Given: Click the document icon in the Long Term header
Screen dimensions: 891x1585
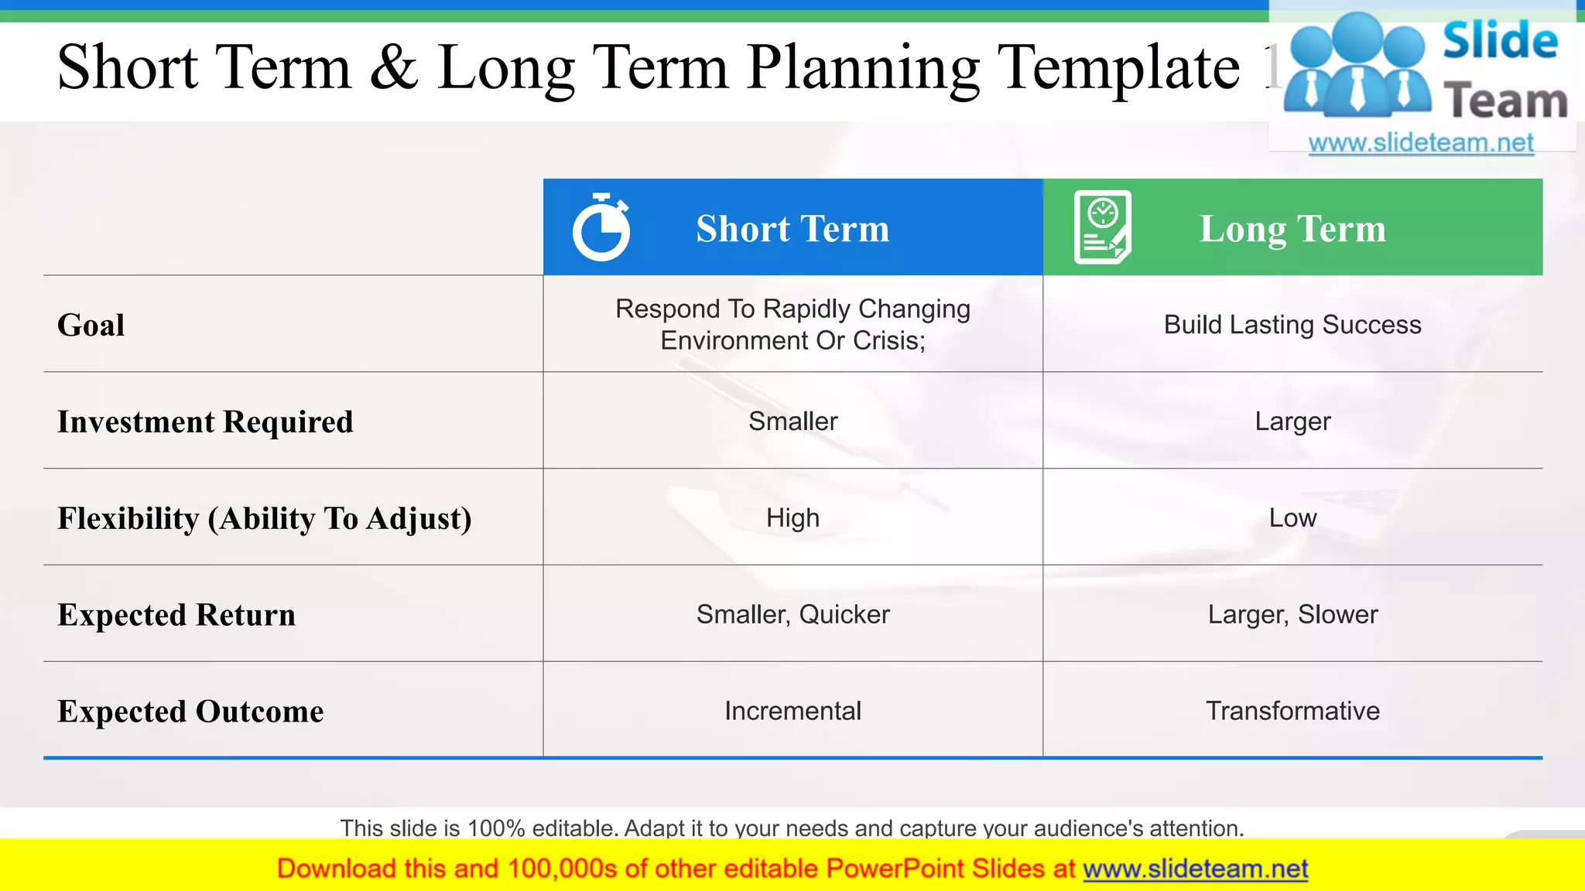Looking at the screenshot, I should click(1103, 227).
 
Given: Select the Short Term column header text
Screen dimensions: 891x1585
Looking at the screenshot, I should click(792, 229).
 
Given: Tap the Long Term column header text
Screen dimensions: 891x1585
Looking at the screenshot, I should click(1292, 229).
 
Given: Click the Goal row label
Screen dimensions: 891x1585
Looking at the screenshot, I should click(91, 325).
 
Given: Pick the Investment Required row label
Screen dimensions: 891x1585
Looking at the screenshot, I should click(205, 422).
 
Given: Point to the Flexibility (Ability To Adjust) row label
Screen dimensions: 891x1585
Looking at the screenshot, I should click(265, 518).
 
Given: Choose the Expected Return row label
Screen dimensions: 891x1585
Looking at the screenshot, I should click(176, 615).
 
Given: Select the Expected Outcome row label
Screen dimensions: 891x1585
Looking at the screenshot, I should click(190, 712).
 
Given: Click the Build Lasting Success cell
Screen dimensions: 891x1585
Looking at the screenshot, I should click(1292, 325).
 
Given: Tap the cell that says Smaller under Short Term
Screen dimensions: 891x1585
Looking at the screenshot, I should click(792, 422).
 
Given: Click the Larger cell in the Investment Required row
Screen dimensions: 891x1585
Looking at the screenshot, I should click(1292, 422).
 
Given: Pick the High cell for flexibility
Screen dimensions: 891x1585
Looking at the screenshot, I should click(792, 518).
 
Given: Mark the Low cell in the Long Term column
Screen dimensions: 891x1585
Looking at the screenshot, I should click(1292, 518).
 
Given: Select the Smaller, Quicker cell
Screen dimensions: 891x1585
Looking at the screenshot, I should click(792, 615).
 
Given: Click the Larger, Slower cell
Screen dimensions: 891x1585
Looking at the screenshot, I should click(1292, 615).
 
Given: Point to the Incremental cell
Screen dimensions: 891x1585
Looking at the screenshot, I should click(792, 711).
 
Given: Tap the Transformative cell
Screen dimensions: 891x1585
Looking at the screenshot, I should click(1292, 711).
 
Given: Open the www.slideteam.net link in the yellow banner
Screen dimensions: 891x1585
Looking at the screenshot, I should click(1195, 869).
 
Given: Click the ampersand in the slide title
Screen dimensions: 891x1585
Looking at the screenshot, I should click(395, 68).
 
